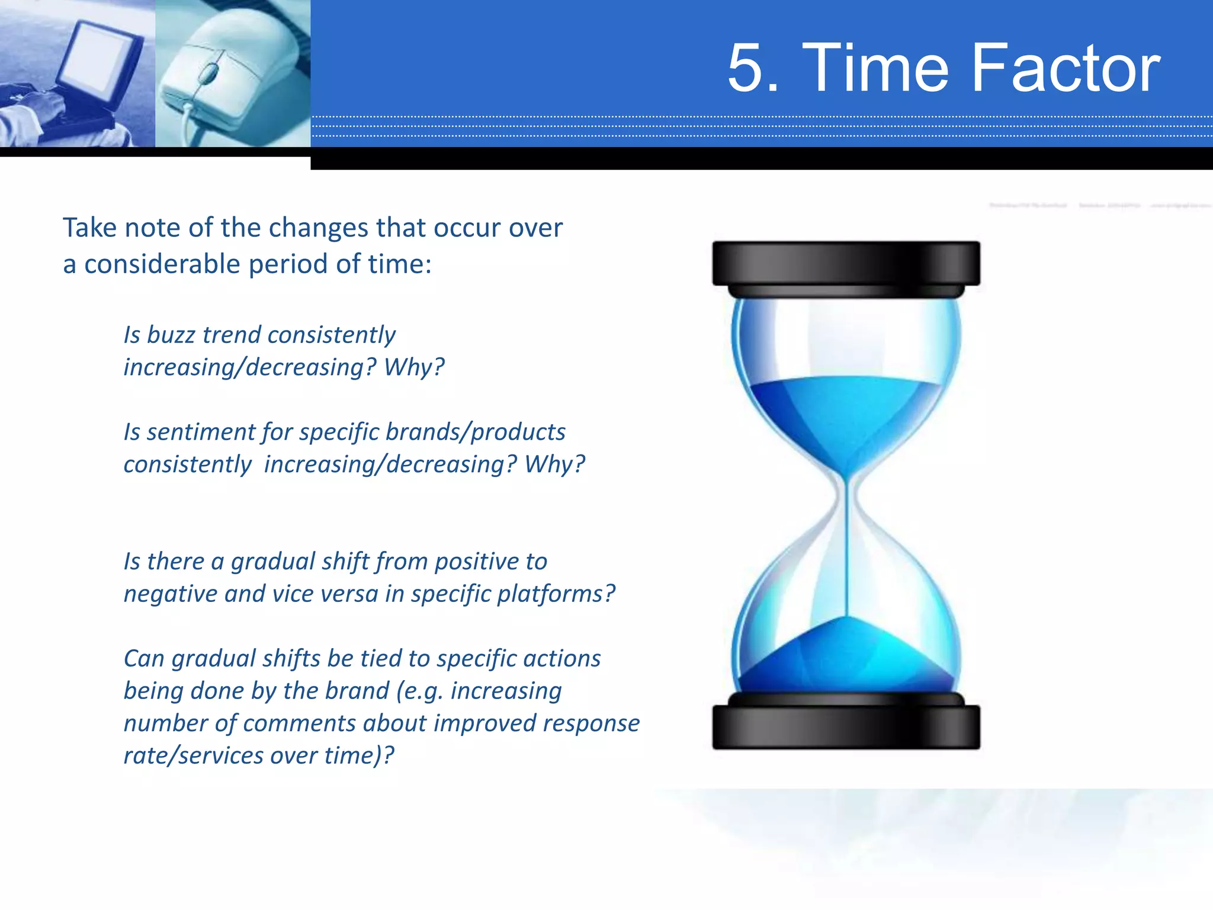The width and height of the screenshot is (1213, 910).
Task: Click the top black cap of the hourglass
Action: tap(846, 264)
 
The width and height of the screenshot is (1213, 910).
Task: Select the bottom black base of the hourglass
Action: tap(846, 728)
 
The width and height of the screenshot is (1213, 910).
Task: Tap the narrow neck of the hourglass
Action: tap(846, 492)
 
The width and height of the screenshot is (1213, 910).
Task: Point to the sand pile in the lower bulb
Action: tap(846, 658)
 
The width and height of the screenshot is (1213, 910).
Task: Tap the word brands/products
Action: tap(475, 432)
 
